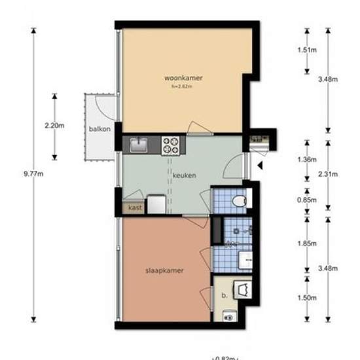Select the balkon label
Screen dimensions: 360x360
(100, 129)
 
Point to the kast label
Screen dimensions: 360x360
(135, 207)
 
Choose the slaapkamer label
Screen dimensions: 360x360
(164, 270)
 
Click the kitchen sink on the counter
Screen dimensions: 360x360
(139, 143)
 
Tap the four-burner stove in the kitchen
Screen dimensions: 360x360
(172, 143)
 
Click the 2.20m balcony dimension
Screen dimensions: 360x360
(55, 126)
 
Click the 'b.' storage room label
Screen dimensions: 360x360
(225, 295)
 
